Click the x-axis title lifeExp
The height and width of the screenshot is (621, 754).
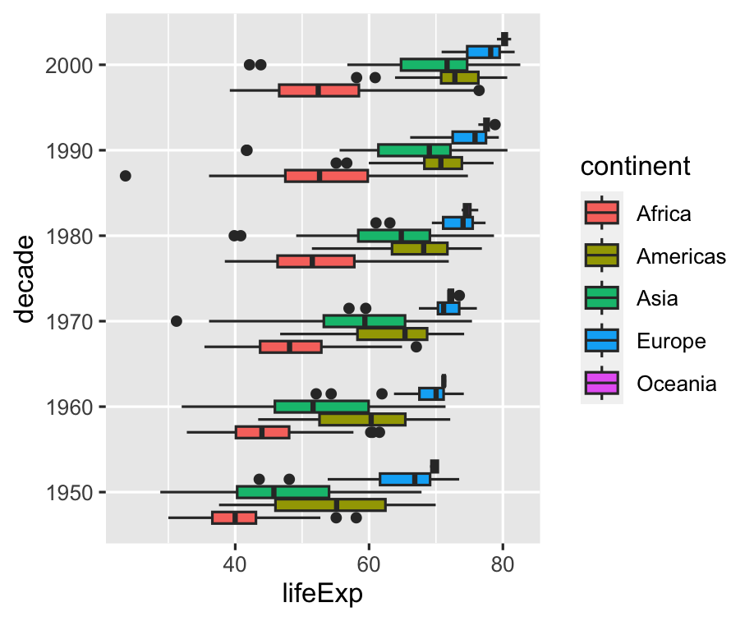[323, 594]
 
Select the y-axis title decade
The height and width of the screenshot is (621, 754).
[26, 278]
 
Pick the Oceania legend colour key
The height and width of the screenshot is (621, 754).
[603, 383]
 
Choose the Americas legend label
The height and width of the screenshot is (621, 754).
[681, 256]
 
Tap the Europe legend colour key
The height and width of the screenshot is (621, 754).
[603, 340]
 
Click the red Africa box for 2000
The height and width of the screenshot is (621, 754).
[320, 90]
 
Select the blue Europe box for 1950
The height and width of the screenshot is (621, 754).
[405, 479]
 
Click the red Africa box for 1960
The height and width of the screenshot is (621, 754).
[263, 432]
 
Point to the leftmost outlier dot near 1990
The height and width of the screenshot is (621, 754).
[125, 176]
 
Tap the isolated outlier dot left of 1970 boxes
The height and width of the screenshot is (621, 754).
[176, 321]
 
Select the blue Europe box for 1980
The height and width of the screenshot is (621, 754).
[458, 223]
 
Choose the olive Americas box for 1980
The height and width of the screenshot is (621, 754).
[420, 248]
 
